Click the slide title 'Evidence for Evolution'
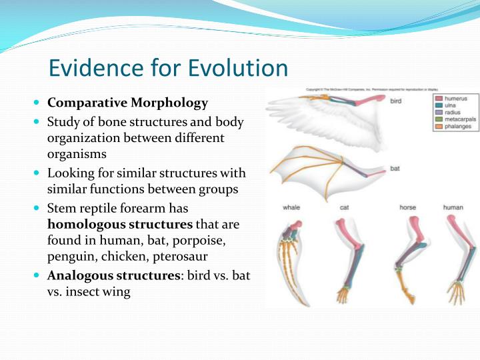coord(169,68)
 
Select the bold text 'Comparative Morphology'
coord(128,103)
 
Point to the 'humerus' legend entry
coord(455,99)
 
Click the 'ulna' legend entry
coord(450,105)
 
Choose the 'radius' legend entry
coord(452,112)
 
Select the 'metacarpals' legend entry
coord(459,119)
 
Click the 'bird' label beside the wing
coord(395,101)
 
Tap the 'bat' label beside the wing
coord(395,169)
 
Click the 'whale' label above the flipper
coord(291,207)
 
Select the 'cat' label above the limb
coord(345,207)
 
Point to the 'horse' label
coord(407,207)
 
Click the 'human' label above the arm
coord(453,207)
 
